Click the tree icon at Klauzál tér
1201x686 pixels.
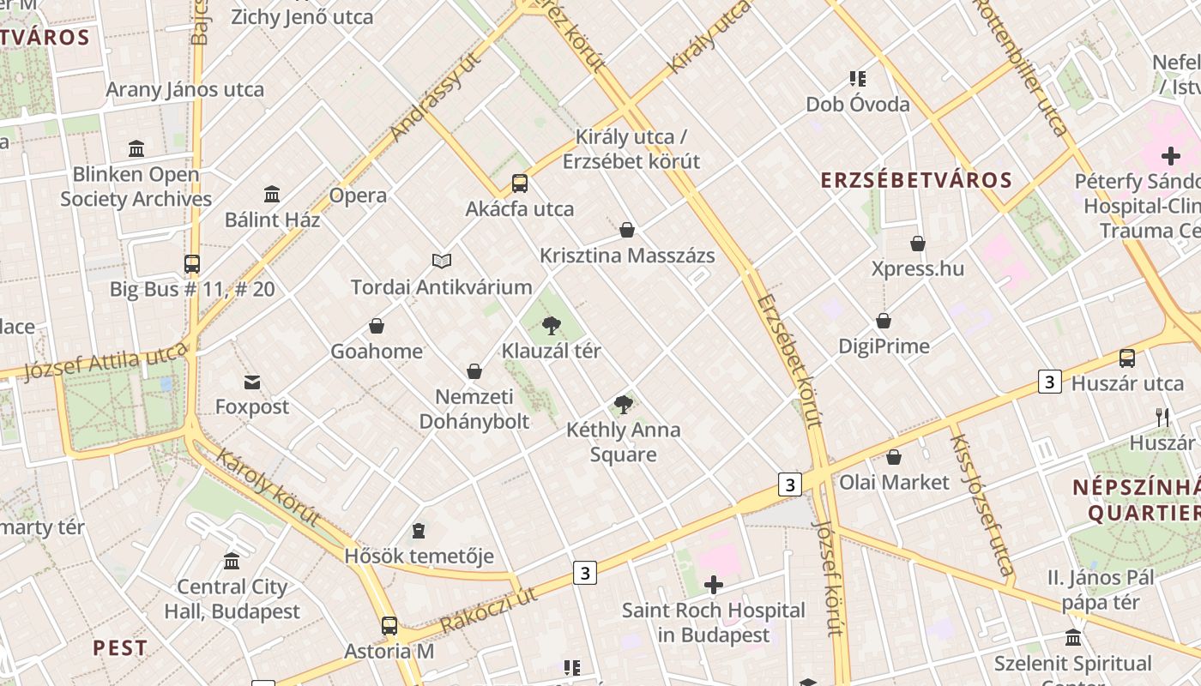click(x=552, y=326)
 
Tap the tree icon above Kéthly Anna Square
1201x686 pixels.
click(x=624, y=405)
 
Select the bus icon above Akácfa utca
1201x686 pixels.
click(x=520, y=184)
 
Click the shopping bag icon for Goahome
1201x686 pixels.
click(x=377, y=326)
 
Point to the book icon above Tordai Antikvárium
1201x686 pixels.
click(x=442, y=261)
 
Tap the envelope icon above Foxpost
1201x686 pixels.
click(x=252, y=382)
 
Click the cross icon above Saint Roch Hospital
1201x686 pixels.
click(x=713, y=585)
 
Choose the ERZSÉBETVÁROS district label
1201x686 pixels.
click(x=916, y=180)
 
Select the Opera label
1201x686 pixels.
click(x=358, y=196)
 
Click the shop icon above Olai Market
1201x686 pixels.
click(x=894, y=457)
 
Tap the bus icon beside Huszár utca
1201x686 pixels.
click(x=1127, y=358)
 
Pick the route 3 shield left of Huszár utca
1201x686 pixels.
click(x=1050, y=382)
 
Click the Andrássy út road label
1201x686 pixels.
click(x=435, y=96)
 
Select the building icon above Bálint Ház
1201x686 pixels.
click(x=272, y=194)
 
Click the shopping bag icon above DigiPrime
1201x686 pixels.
click(x=884, y=321)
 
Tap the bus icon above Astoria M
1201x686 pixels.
click(x=389, y=626)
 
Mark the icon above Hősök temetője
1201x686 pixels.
click(x=419, y=531)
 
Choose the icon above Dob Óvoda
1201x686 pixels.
click(x=858, y=79)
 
